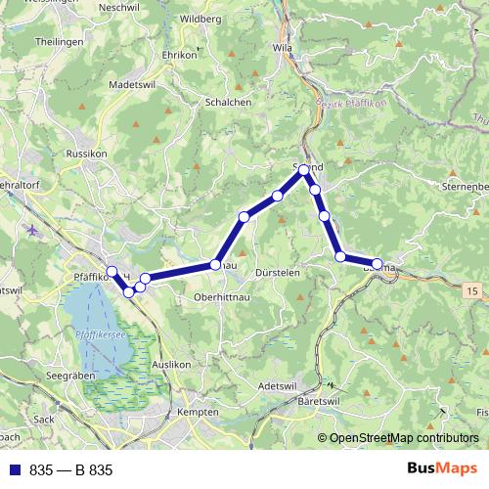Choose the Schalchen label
pyautogui.click(x=229, y=102)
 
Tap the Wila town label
pyautogui.click(x=284, y=47)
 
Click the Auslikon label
pyautogui.click(x=171, y=364)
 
